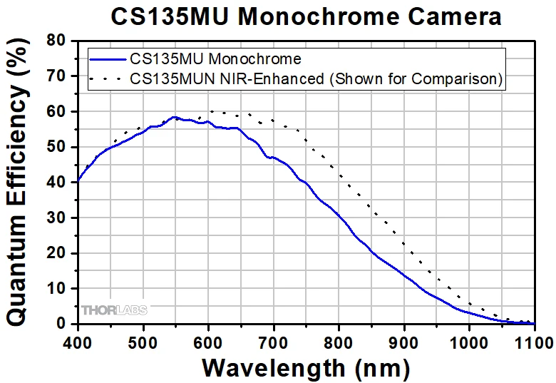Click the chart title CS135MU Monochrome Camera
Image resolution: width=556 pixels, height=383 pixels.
[305, 16]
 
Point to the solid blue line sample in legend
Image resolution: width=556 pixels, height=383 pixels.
[107, 58]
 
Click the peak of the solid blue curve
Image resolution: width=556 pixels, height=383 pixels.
[174, 117]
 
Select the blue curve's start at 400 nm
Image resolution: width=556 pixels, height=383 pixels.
[78, 180]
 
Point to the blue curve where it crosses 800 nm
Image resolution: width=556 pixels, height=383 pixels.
[339, 216]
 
